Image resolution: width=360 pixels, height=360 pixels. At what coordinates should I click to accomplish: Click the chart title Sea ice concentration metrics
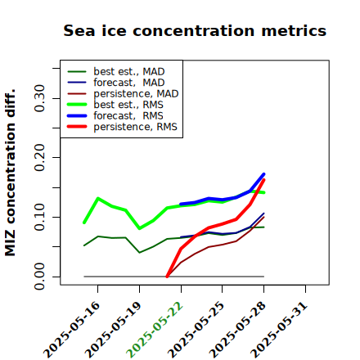coord(195,31)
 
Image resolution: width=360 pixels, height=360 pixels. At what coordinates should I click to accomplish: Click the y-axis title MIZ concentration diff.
coord(10,173)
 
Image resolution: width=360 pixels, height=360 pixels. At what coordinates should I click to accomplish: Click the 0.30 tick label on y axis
coord(40,98)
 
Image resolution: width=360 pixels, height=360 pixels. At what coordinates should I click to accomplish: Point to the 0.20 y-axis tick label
coord(40,158)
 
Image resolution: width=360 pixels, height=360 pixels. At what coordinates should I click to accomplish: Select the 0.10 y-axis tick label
coord(40,217)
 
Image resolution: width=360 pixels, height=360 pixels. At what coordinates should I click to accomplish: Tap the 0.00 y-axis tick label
coord(40,277)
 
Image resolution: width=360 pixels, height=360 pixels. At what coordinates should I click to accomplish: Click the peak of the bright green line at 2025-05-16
coord(98,198)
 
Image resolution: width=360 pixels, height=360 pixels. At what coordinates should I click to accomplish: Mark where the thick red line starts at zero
coord(167,277)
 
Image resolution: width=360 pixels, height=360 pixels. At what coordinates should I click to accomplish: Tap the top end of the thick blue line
coord(263,174)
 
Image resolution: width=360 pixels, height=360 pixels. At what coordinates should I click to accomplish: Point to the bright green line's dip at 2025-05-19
coord(140,228)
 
